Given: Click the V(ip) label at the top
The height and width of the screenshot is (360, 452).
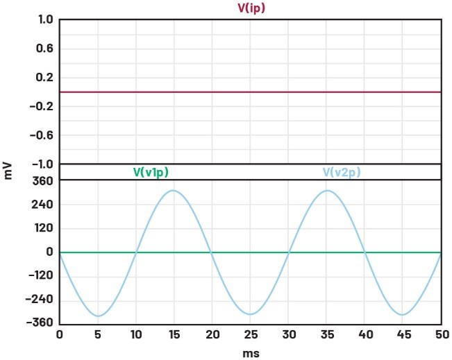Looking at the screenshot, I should point(251,8).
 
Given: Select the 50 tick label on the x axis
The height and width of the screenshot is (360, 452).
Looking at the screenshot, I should point(440,335).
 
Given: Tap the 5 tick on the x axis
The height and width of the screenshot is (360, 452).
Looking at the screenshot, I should point(98,335).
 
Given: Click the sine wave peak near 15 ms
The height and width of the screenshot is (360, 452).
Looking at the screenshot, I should point(174,190).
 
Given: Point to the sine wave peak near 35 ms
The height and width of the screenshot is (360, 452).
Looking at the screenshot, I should point(326,190).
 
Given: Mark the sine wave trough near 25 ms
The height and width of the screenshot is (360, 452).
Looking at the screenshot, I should point(250,315).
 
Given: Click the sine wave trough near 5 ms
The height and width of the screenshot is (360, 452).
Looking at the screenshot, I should point(98,316).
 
